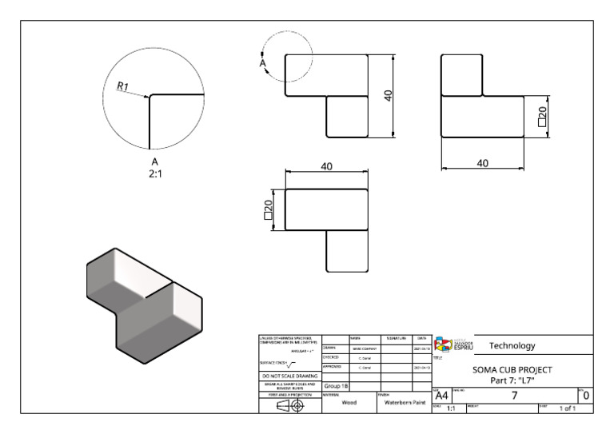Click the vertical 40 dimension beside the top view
pos(388,96)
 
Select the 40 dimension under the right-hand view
pos(482,163)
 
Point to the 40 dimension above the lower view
pos(326,165)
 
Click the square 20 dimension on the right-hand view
pos(542,117)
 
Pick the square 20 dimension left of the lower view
pos(269,209)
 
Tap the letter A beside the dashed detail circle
pos(263,63)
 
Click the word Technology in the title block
pos(512,346)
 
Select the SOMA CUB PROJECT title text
pos(512,370)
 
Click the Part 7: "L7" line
pos(512,380)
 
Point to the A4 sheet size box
pos(441,395)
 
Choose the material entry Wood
pos(348,404)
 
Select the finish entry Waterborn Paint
pos(404,404)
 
